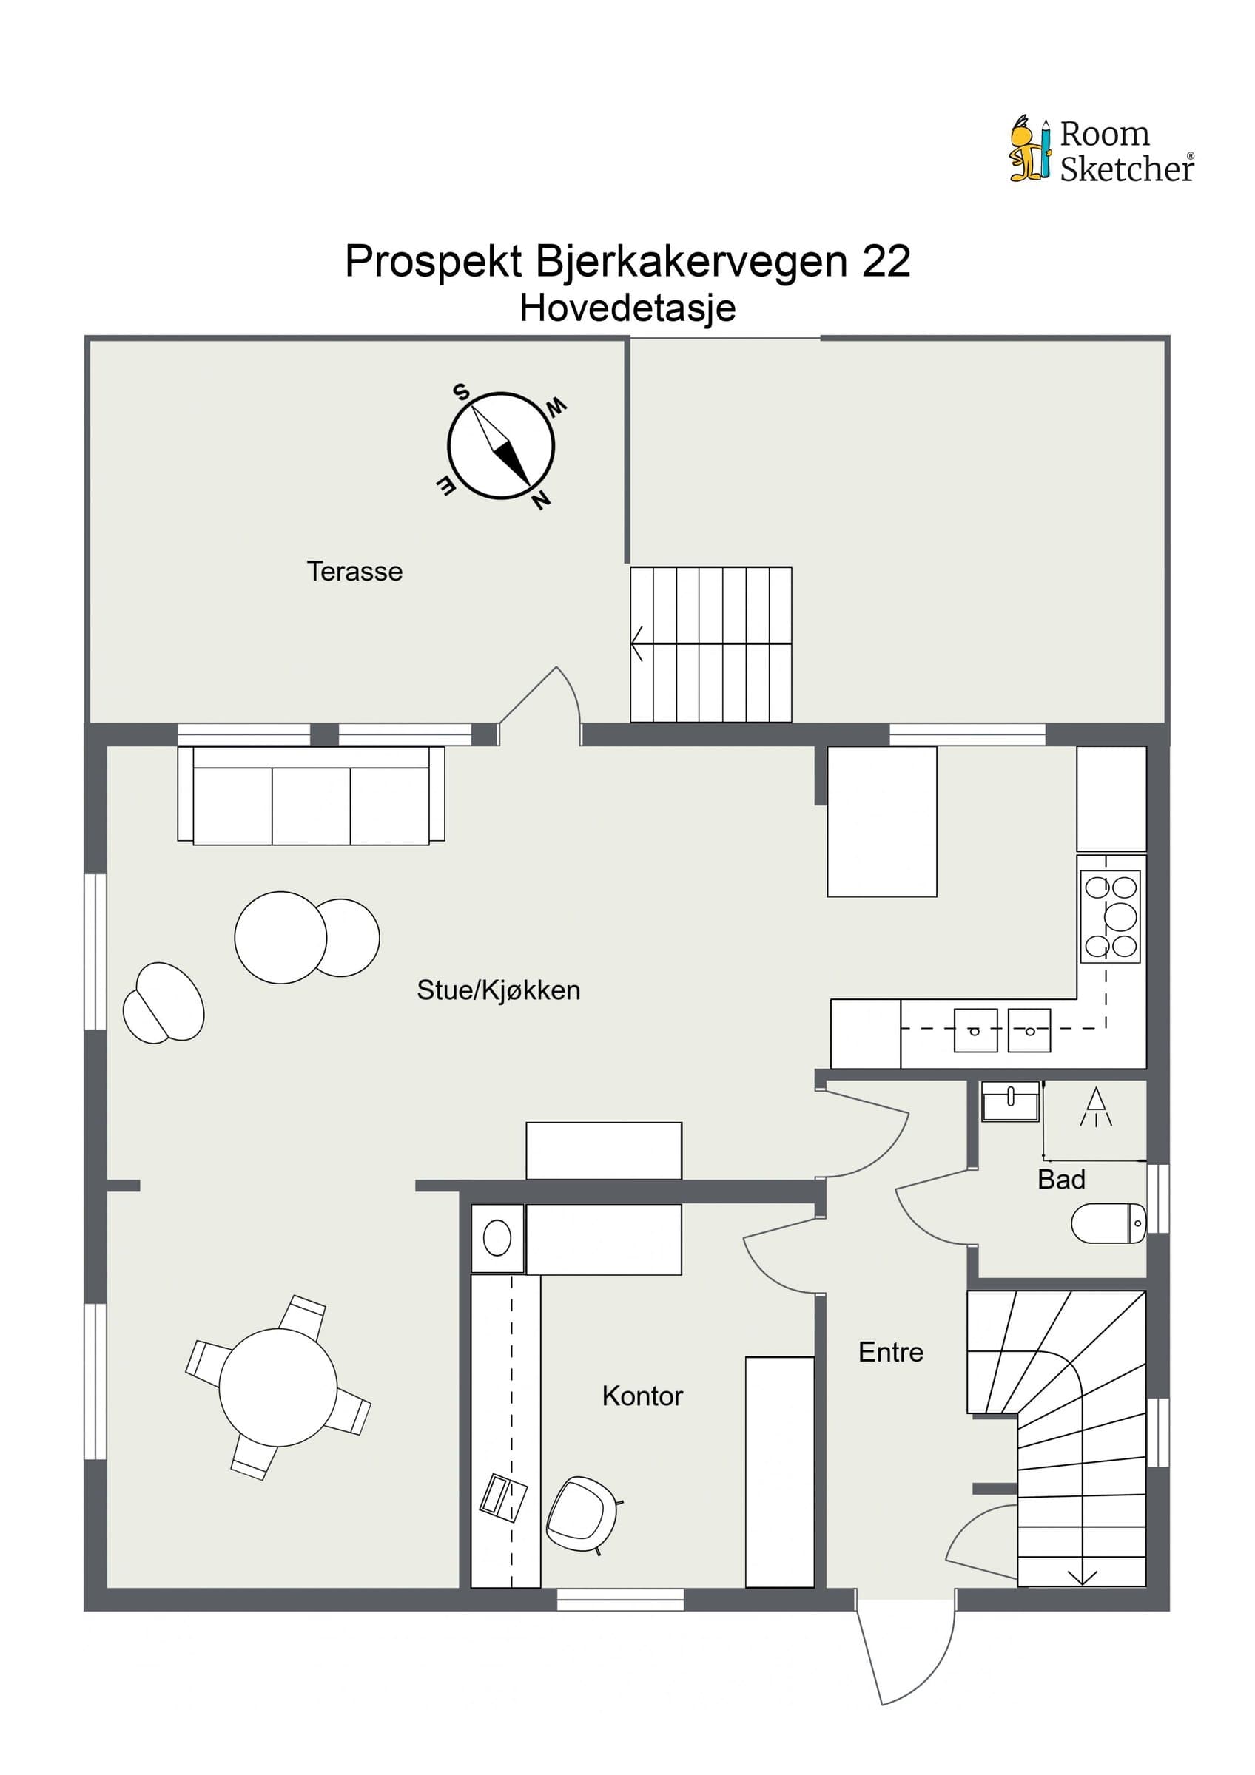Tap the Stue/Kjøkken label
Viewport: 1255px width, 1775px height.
[x=499, y=990]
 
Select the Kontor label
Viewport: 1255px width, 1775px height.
[x=642, y=1396]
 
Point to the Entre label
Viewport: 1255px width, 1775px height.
[x=891, y=1352]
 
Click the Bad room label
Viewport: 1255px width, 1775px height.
[x=1062, y=1180]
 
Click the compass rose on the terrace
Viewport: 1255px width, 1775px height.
[x=501, y=446]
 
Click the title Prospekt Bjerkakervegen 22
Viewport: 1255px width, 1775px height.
[x=628, y=260]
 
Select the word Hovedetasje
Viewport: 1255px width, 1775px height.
[x=628, y=308]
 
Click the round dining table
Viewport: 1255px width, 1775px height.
[x=278, y=1387]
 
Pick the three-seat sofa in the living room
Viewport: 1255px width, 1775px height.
[x=311, y=796]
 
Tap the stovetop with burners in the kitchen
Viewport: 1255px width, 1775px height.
[x=1111, y=917]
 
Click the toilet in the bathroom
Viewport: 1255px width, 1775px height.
[x=1108, y=1223]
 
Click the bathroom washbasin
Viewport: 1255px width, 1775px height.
[x=1011, y=1102]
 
